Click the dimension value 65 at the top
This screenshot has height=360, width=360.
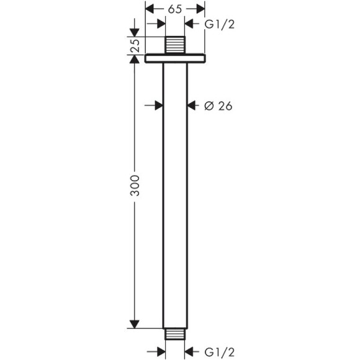[174, 9]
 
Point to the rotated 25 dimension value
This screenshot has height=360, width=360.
[135, 45]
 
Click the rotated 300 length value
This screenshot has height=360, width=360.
[135, 186]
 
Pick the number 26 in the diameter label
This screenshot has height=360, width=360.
[225, 106]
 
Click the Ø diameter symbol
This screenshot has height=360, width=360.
[209, 106]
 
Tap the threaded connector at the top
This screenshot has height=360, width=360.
[174, 46]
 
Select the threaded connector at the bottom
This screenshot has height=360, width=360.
[174, 334]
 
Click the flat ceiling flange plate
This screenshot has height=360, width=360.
[174, 58]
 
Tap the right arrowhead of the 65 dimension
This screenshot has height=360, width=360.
[199, 9]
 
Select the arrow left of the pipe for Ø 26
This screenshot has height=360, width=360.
[158, 106]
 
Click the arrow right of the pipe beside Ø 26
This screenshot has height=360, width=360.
[192, 106]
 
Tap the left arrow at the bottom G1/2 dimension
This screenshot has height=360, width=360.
[160, 351]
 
